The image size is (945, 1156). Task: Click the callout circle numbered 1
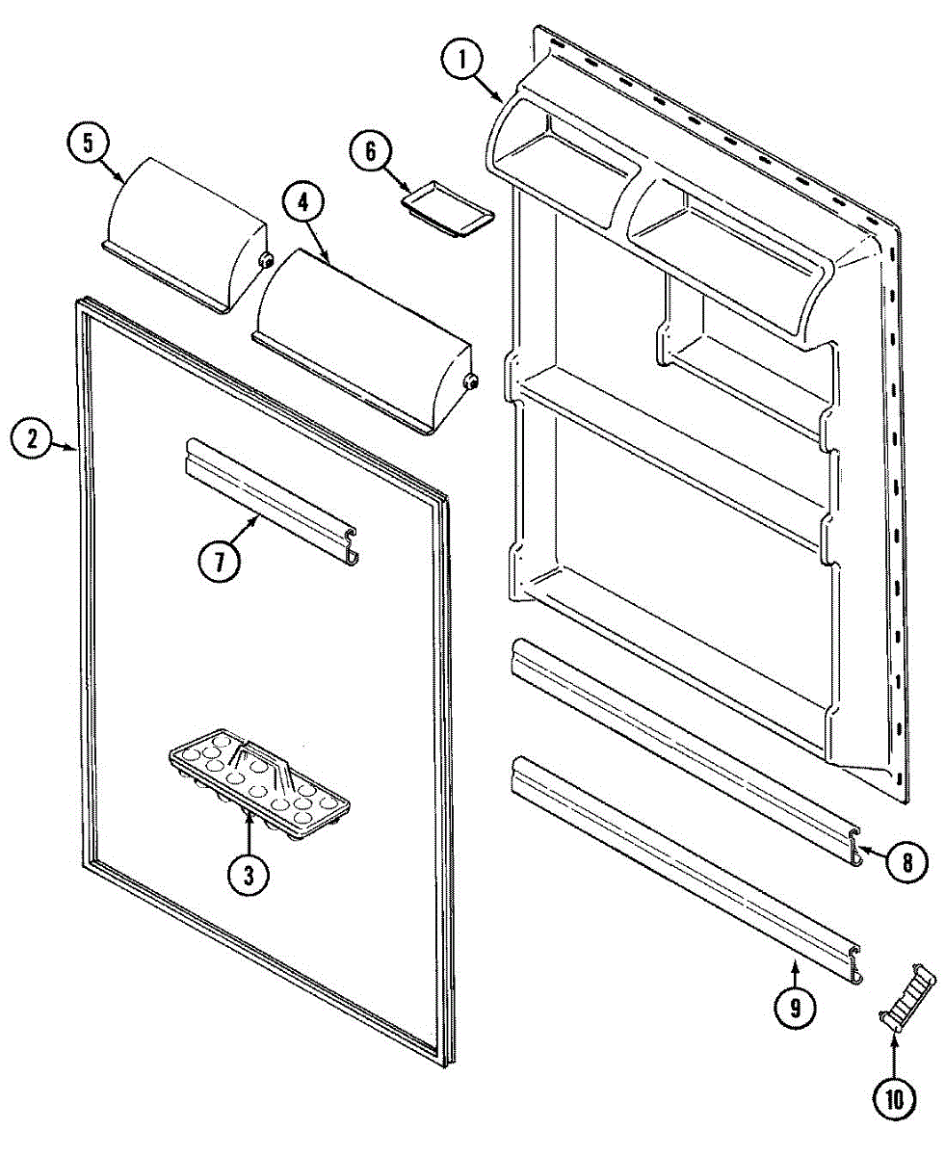[462, 61]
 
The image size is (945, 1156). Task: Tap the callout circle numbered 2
[34, 440]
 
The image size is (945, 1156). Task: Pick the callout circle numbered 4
[303, 203]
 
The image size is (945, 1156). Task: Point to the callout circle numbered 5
[88, 144]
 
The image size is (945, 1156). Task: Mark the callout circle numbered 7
[221, 562]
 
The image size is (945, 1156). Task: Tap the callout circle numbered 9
[796, 1009]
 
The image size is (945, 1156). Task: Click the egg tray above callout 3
[258, 775]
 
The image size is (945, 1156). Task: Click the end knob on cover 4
[471, 381]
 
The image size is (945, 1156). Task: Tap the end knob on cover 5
[264, 259]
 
